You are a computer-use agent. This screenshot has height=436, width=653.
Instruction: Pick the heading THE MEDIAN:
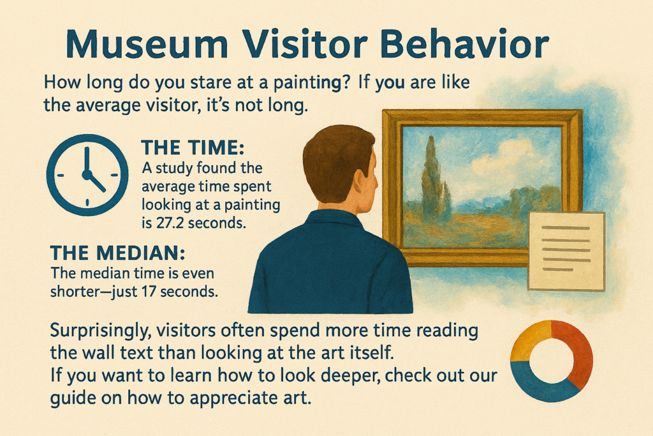point(117,253)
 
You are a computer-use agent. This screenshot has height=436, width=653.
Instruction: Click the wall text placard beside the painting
point(566,250)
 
